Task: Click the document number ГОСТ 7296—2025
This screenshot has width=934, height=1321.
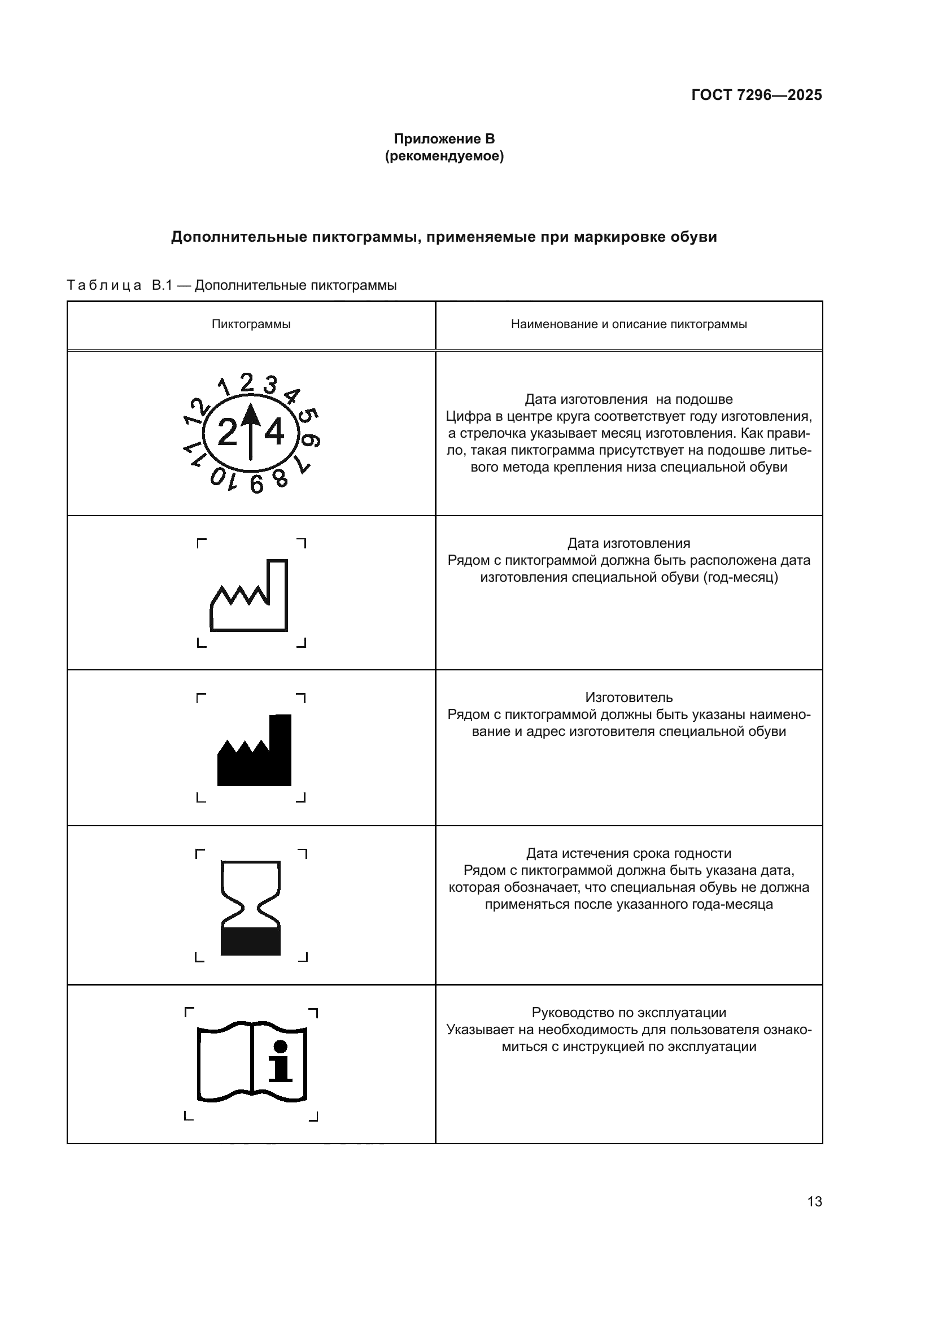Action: pos(756,95)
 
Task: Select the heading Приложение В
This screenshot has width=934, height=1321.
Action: pos(444,139)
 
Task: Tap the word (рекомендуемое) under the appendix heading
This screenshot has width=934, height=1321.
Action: pos(444,156)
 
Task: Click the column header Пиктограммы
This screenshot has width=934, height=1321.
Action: pos(251,325)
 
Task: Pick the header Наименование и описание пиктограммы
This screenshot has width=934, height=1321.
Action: pos(629,325)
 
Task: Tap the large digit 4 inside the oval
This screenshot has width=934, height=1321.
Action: pos(274,433)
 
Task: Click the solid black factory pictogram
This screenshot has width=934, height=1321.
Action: pos(254,751)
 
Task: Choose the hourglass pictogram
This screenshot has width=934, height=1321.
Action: pos(251,908)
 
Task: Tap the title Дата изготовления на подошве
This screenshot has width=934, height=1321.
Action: pos(629,399)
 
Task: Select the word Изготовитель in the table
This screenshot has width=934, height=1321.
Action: pos(629,697)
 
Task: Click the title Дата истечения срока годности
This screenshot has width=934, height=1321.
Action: pos(629,853)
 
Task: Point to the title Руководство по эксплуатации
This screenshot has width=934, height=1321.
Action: pos(629,1013)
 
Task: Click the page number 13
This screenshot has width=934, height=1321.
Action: pos(814,1202)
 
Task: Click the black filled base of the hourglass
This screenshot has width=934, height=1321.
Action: pos(251,941)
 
